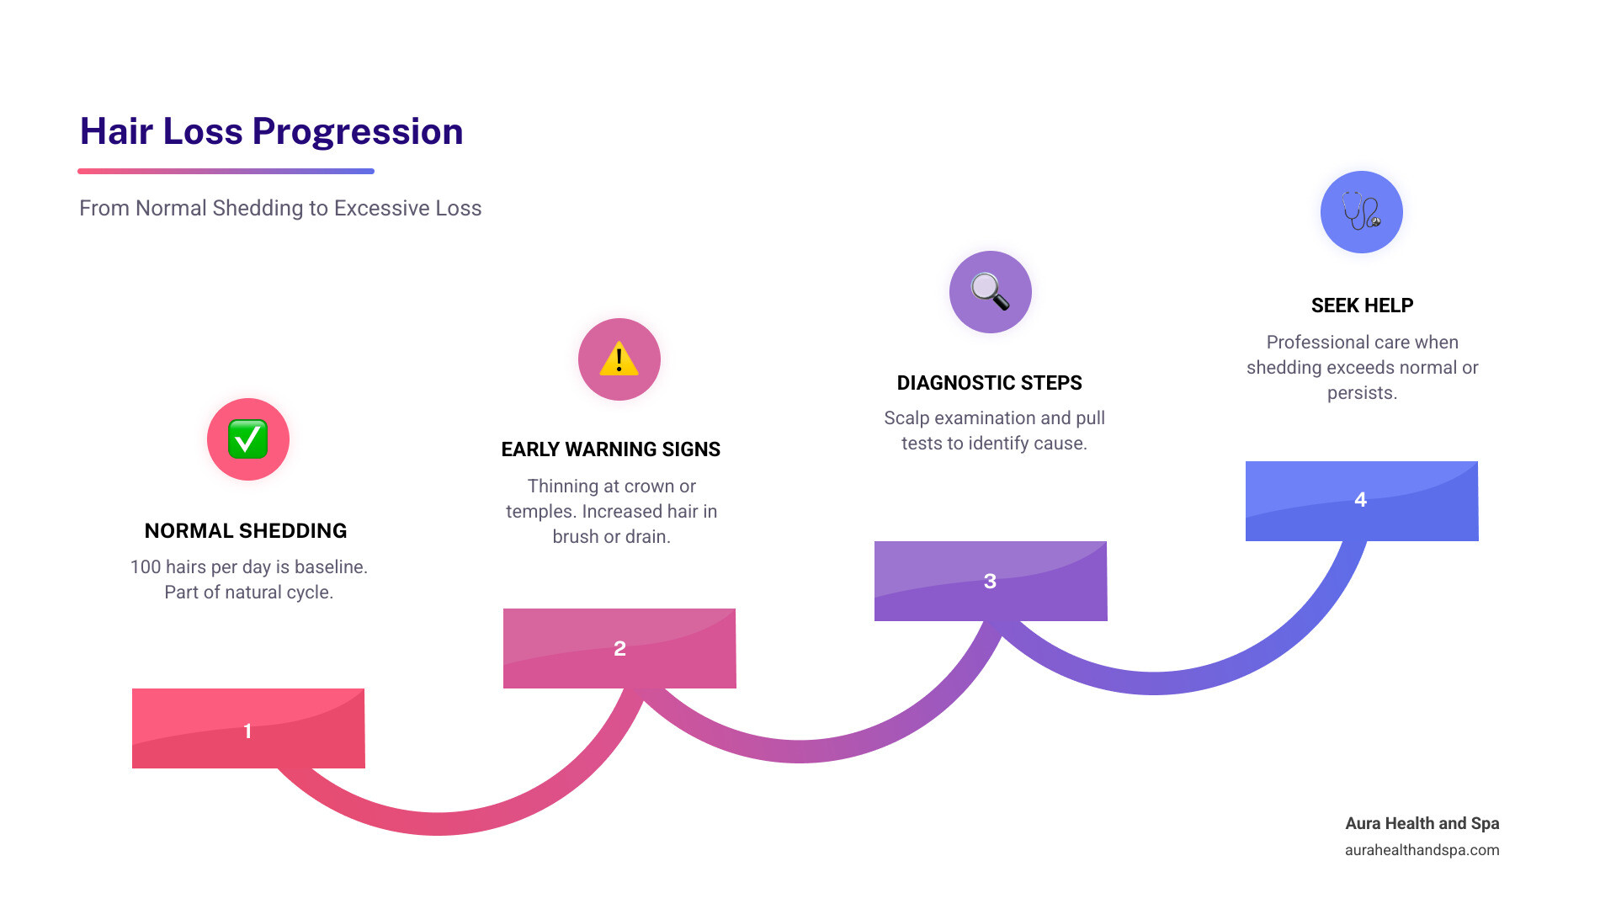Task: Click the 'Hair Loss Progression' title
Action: tap(271, 131)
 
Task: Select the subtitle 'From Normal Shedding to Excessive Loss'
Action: tap(280, 208)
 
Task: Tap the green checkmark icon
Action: tap(247, 439)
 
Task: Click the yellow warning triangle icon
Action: tap(619, 359)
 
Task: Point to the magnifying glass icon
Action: tap(990, 292)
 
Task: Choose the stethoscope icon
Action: tap(1361, 211)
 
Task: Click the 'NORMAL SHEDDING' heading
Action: tap(246, 531)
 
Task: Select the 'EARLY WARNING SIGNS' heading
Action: tap(610, 449)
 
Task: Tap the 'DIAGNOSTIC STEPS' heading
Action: tap(989, 383)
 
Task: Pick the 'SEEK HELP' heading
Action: tap(1362, 306)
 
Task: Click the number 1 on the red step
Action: tap(247, 731)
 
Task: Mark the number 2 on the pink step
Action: tap(619, 648)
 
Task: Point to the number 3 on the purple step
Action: tap(990, 581)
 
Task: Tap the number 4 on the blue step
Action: tap(1360, 500)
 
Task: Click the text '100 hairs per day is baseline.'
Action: tap(248, 567)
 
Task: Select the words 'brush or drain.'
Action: tap(611, 537)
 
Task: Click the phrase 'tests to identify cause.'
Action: tap(994, 444)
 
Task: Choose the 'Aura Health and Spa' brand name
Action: tap(1422, 823)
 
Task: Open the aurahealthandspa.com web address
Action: tap(1422, 850)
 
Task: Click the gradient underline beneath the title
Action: tap(226, 171)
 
